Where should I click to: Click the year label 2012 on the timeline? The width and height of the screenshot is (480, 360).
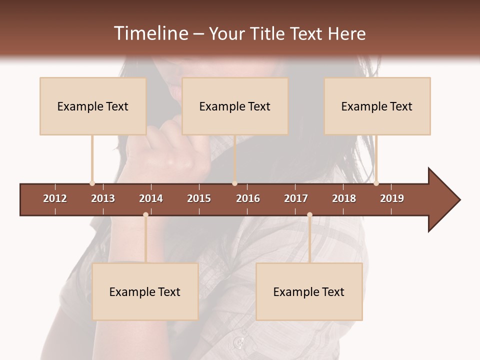pyautogui.click(x=55, y=198)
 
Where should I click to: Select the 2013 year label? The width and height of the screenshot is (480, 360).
pyautogui.click(x=103, y=198)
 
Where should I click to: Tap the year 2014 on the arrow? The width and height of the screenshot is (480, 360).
pyautogui.click(x=151, y=198)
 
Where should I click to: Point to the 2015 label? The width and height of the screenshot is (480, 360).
pyautogui.click(x=199, y=198)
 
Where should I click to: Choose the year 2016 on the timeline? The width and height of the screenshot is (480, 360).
pyautogui.click(x=248, y=198)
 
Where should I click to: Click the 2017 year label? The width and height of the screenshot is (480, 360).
pyautogui.click(x=296, y=198)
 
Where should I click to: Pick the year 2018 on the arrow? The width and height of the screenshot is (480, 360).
pyautogui.click(x=344, y=198)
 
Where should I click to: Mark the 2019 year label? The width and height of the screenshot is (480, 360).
pyautogui.click(x=392, y=198)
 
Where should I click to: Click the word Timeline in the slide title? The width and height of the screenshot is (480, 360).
pyautogui.click(x=150, y=33)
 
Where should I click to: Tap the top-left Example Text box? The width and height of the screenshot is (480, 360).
pyautogui.click(x=93, y=106)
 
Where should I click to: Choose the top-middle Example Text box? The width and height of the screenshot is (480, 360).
pyautogui.click(x=235, y=106)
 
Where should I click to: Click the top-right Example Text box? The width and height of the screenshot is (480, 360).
pyautogui.click(x=377, y=106)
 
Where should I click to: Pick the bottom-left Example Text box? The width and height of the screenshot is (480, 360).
pyautogui.click(x=145, y=291)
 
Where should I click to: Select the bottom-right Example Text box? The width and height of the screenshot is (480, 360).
pyautogui.click(x=309, y=291)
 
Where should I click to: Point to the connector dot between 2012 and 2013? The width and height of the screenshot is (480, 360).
pyautogui.click(x=92, y=183)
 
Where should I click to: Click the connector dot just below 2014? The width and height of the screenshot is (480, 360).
pyautogui.click(x=145, y=214)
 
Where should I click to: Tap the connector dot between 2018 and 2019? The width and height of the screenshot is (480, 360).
pyautogui.click(x=376, y=183)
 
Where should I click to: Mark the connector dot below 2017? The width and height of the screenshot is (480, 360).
pyautogui.click(x=309, y=214)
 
